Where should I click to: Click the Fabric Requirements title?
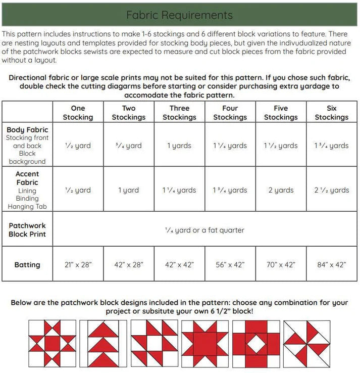[179, 15]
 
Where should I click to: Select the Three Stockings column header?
[179, 113]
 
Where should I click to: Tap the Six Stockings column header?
[332, 113]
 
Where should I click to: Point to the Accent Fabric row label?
[27, 178]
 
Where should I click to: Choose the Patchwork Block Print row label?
[27, 229]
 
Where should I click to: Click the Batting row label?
[27, 264]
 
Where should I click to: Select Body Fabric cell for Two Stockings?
[129, 146]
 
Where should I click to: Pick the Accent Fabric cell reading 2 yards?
[281, 190]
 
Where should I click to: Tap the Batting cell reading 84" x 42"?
[332, 264]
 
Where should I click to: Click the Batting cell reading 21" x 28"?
[78, 264]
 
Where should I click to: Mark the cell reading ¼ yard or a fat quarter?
[204, 230]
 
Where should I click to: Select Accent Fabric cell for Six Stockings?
[332, 190]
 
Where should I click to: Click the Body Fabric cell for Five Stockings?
[281, 146]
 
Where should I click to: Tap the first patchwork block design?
[52, 344]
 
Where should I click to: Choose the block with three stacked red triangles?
[103, 344]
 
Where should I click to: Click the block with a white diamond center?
[255, 344]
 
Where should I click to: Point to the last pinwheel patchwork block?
[306, 344]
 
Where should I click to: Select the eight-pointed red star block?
[204, 344]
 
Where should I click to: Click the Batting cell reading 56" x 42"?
[230, 264]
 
